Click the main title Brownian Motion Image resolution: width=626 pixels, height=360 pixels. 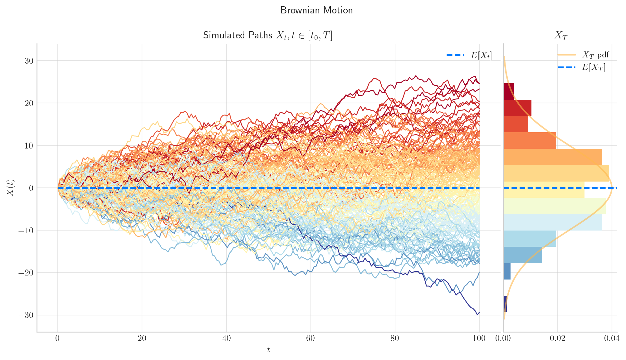[x=316, y=11]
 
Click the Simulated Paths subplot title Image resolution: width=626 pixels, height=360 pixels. [x=267, y=36]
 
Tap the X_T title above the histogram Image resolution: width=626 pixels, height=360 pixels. [x=560, y=36]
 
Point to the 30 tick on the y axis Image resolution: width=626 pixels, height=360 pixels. [x=29, y=61]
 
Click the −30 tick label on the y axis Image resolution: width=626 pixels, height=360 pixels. [x=26, y=315]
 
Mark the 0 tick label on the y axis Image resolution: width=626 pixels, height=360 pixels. [x=31, y=188]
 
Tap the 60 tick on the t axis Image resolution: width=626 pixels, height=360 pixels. [x=311, y=339]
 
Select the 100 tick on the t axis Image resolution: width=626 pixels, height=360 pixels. [x=479, y=339]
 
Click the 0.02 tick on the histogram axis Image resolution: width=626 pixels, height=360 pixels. [x=557, y=339]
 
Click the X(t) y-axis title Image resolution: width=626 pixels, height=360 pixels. [x=10, y=188]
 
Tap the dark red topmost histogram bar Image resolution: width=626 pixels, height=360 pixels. [x=509, y=92]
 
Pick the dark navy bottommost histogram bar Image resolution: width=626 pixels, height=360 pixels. [x=505, y=304]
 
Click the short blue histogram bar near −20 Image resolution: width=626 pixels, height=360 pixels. [x=507, y=271]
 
